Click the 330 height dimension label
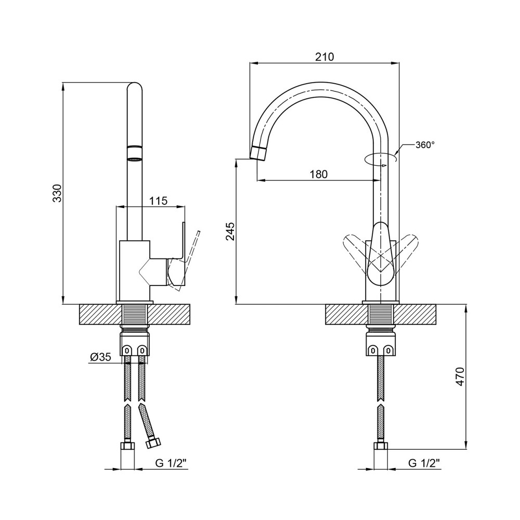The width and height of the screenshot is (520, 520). [x=57, y=193]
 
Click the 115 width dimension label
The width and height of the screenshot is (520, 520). [x=158, y=201]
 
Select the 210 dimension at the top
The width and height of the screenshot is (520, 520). [x=324, y=57]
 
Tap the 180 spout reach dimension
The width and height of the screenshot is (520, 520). [x=319, y=174]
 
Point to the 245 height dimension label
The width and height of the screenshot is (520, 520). [x=230, y=231]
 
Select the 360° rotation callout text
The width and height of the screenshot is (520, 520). [x=425, y=145]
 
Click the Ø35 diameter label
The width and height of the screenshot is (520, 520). [x=100, y=357]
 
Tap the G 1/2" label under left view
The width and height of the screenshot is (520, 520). [x=172, y=463]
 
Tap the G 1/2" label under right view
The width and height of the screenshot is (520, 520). [x=424, y=463]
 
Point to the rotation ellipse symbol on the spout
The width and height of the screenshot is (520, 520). [x=381, y=159]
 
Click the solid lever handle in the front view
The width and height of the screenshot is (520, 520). [x=381, y=254]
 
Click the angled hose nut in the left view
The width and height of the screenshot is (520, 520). [x=153, y=443]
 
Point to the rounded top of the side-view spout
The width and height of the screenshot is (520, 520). [x=135, y=86]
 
